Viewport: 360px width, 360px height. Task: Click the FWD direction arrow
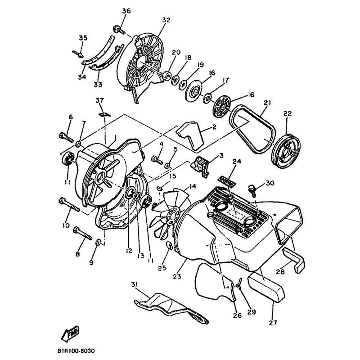70,333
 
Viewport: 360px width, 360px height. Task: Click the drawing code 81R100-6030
76,351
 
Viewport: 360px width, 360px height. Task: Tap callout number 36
126,11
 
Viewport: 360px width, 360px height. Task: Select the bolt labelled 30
252,190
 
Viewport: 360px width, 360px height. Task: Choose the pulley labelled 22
286,149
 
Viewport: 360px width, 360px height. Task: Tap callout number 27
273,323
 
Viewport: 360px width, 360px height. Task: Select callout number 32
166,20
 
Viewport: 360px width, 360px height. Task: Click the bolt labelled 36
119,30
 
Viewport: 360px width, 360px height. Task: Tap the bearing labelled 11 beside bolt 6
67,158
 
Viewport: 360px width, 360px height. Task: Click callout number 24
237,162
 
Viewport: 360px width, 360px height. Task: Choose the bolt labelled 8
82,233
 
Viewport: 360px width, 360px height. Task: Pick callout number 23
177,276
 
